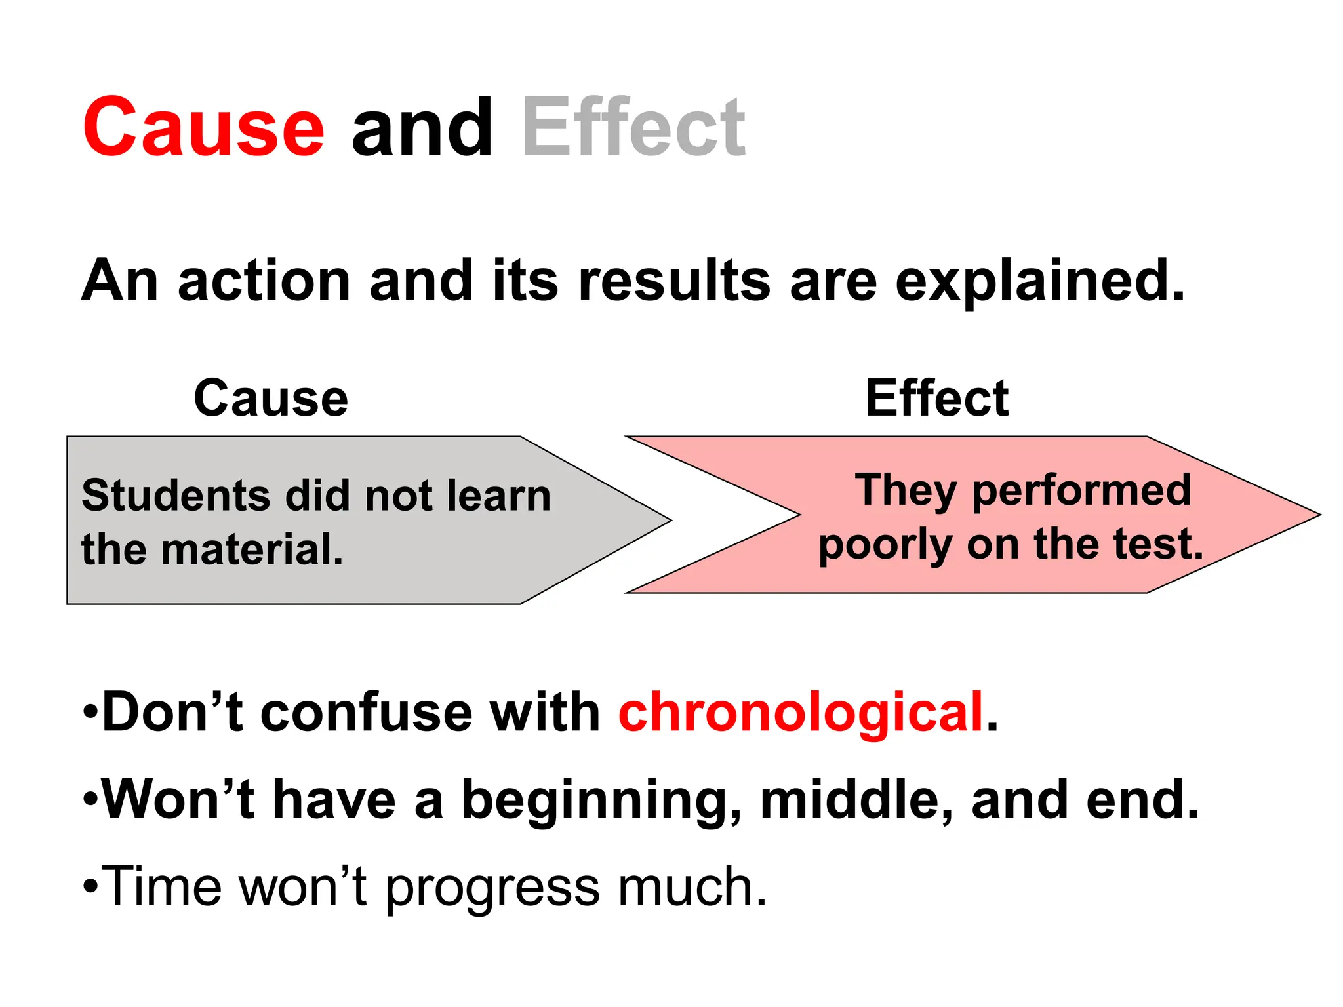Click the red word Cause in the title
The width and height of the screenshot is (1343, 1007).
[x=203, y=127]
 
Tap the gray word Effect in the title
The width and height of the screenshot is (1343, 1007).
[x=633, y=127]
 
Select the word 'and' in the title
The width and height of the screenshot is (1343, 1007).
[x=422, y=127]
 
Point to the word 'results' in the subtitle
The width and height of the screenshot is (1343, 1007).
[x=673, y=281]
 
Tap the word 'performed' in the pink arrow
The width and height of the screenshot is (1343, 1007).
[x=1081, y=490]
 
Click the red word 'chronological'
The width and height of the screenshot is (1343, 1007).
[x=801, y=713]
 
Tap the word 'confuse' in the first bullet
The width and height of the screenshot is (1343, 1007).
[x=367, y=713]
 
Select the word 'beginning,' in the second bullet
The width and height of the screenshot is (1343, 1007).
[x=602, y=800]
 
